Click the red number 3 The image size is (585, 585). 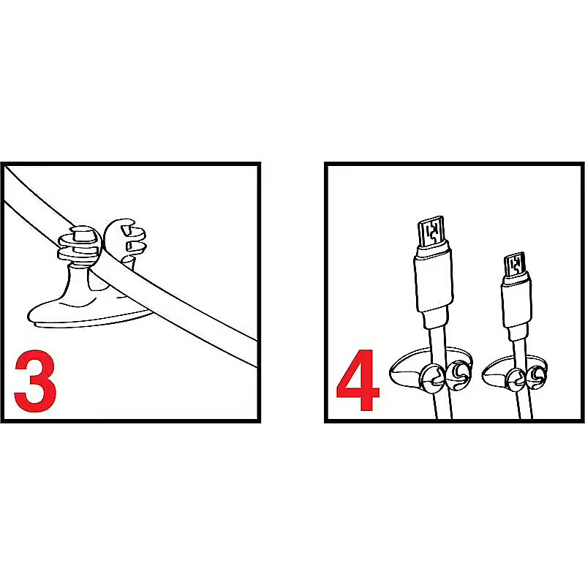coord(36,380)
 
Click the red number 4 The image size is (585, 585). coord(358,380)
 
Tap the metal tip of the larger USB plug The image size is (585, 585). coord(431,232)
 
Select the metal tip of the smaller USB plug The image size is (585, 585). coord(515,264)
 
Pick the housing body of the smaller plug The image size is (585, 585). coord(516,301)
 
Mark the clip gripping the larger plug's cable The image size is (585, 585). coord(433,379)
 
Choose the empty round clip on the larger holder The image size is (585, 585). coord(459,375)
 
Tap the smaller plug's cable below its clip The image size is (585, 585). coord(525,406)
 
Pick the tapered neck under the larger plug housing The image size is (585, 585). coord(435,319)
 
